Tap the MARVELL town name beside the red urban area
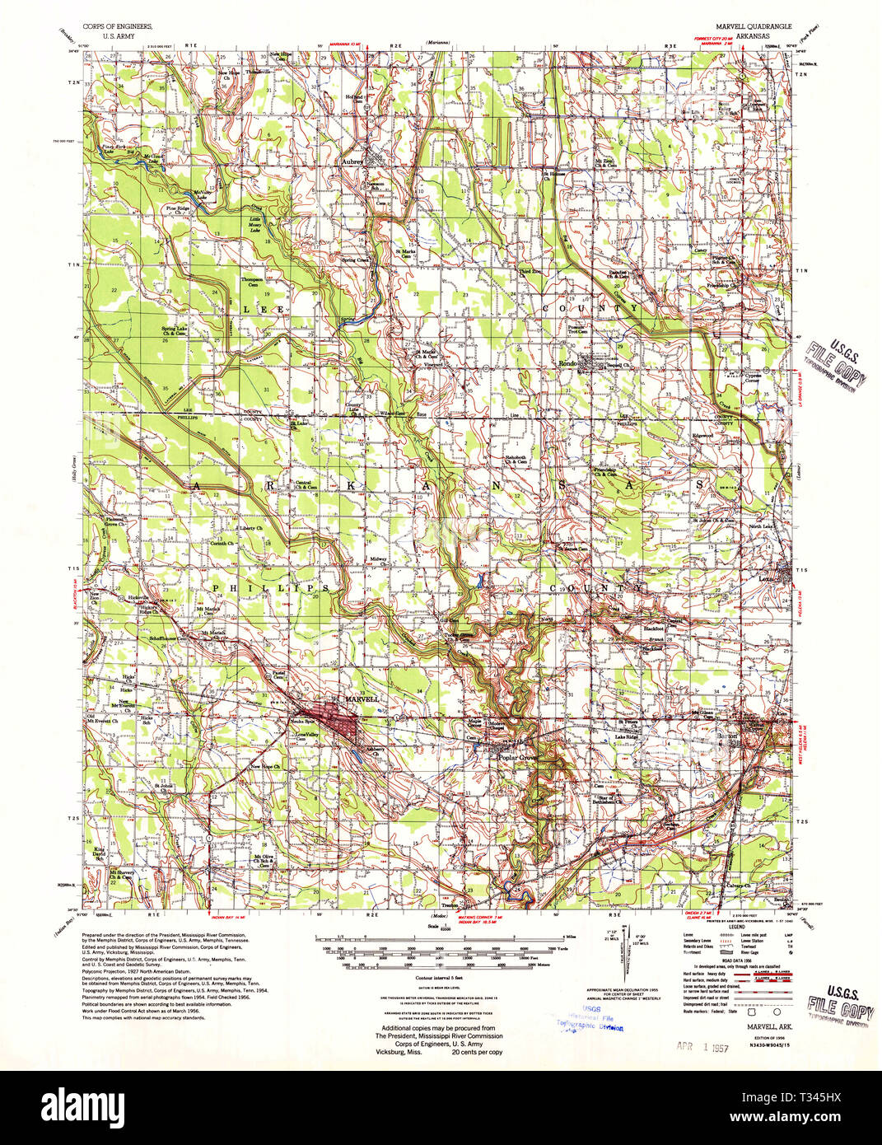(363, 699)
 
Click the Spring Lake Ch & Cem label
(174, 332)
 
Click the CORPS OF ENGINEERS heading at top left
(117, 26)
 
